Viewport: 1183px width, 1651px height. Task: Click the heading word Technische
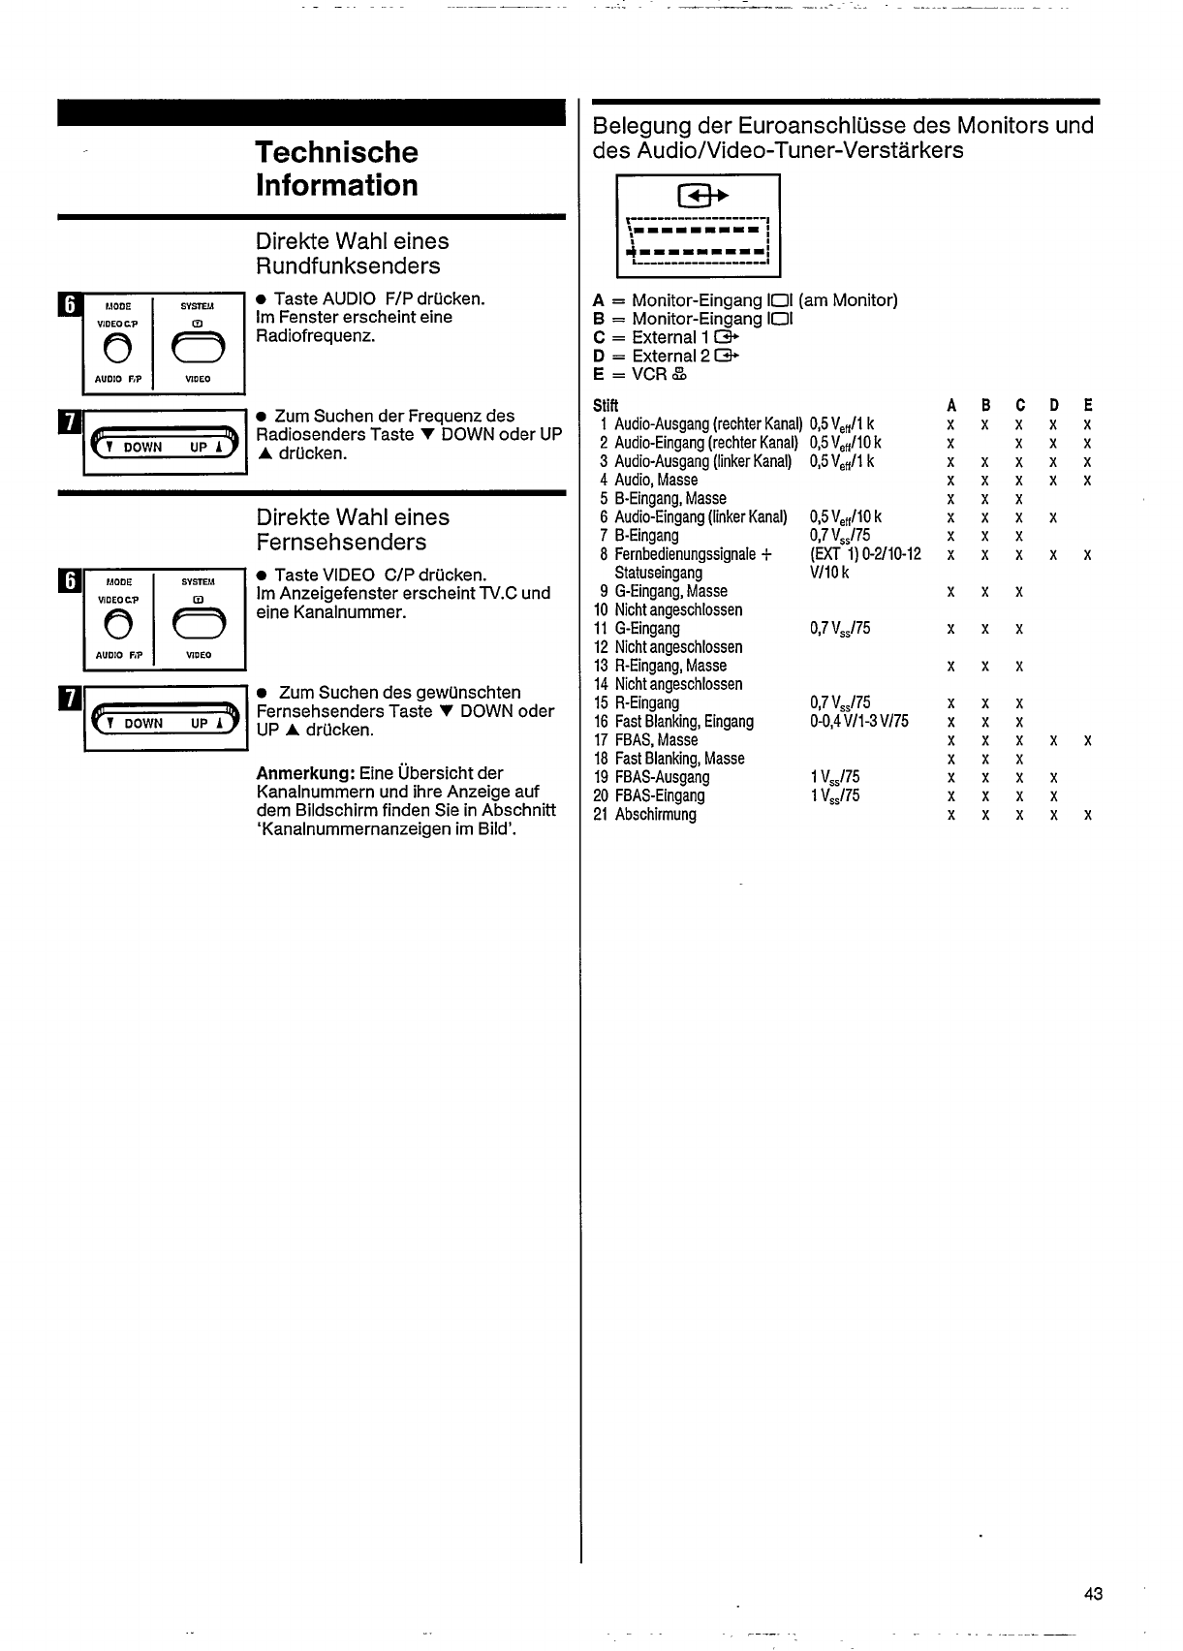click(336, 152)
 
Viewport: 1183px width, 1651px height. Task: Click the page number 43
click(1094, 1594)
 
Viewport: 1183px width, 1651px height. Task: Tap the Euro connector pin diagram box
click(698, 226)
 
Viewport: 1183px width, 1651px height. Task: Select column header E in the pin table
click(1088, 405)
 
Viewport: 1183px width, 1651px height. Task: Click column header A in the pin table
click(951, 405)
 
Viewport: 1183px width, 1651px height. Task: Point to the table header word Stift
click(605, 405)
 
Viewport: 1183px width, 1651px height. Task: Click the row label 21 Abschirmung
click(644, 815)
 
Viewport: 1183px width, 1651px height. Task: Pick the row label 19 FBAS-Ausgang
click(651, 777)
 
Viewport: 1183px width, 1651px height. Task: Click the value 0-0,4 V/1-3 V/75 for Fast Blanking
click(858, 722)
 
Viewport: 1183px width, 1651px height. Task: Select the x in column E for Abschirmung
click(1088, 816)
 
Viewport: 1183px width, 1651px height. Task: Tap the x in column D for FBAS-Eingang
click(1053, 796)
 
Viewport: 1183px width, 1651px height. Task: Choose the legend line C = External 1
click(665, 337)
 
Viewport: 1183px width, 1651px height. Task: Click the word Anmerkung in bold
click(304, 773)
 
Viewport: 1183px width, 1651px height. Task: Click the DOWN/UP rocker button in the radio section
click(164, 446)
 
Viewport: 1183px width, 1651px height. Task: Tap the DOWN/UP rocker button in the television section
click(164, 722)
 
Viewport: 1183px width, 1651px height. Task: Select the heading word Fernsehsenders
click(341, 543)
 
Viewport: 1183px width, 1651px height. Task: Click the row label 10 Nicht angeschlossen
click(668, 610)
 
